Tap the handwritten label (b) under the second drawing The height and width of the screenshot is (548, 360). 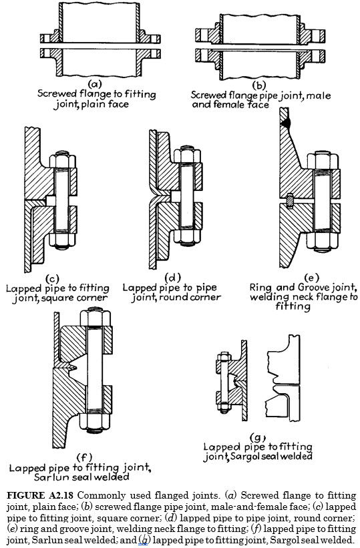(256, 84)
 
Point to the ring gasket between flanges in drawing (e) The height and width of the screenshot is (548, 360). (289, 200)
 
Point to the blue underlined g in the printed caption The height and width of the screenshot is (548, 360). (142, 539)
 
